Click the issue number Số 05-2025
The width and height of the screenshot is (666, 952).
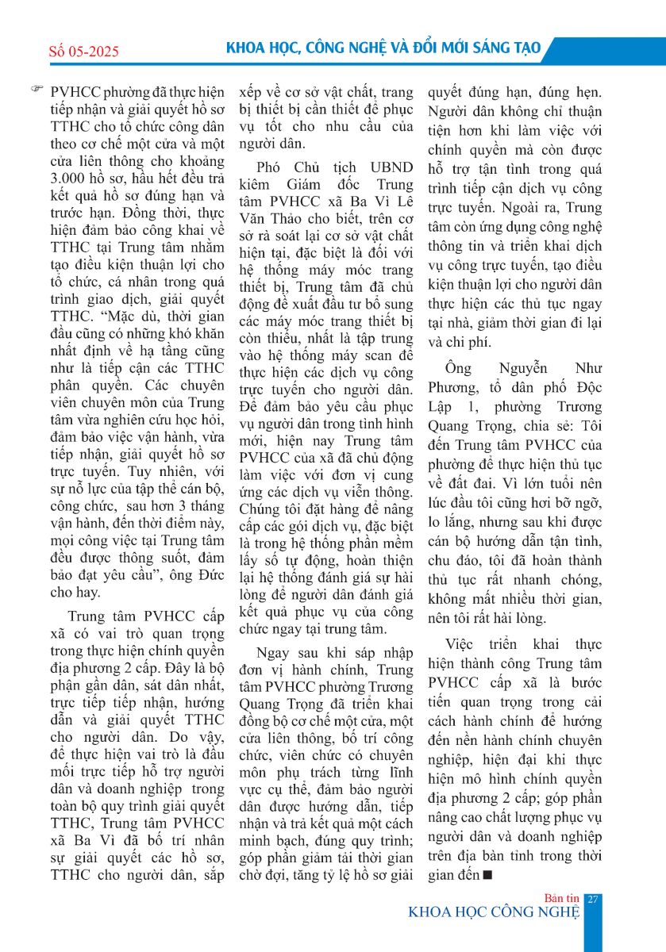[83, 52]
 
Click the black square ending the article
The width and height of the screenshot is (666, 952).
[488, 875]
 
